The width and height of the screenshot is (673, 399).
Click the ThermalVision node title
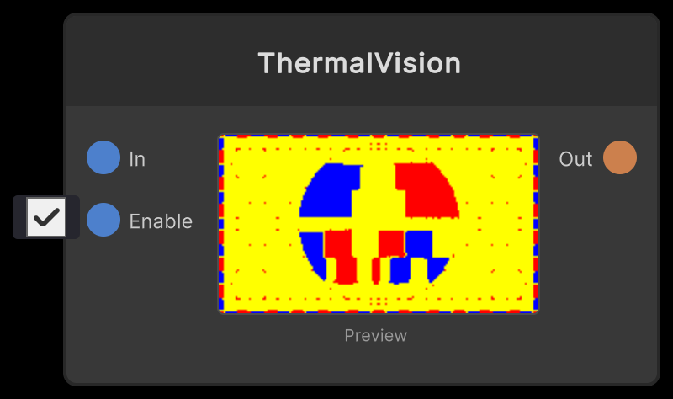coord(359,64)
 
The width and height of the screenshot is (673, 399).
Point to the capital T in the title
coord(266,64)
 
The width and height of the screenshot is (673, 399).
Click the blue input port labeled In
coord(103,158)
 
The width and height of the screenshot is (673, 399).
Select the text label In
coord(137,159)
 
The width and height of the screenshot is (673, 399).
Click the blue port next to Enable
coord(103,221)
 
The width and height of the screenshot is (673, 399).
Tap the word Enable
coord(161,221)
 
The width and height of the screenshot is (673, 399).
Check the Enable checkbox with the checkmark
coord(46,218)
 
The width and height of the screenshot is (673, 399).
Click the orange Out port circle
coord(620,158)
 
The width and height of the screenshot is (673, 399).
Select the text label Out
coord(575,159)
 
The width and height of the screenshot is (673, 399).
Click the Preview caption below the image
coord(375,336)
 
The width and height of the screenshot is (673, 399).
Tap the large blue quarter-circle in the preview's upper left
coord(331,190)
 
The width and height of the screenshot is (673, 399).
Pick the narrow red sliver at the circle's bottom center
coord(376,270)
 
